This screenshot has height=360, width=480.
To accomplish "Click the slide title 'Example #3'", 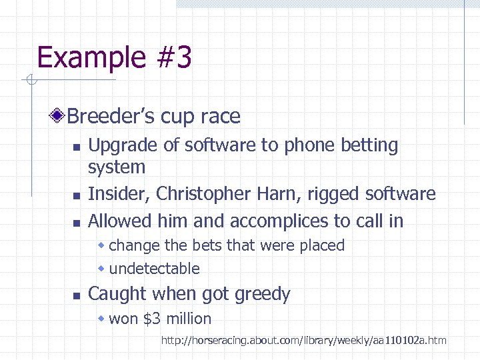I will (x=114, y=58).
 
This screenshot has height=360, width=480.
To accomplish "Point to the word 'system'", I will (x=117, y=167).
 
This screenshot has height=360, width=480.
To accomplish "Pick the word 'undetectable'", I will (x=154, y=269).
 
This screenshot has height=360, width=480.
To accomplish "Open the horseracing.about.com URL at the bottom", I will (x=303, y=341).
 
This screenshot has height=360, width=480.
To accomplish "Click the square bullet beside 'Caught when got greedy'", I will (x=77, y=295).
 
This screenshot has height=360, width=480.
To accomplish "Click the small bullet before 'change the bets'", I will (x=102, y=246).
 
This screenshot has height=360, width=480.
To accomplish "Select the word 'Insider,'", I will (x=119, y=194).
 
